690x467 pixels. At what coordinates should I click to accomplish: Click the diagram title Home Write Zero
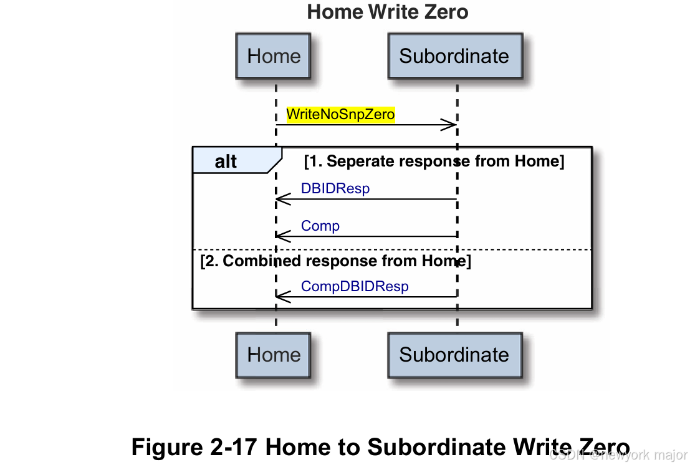click(387, 11)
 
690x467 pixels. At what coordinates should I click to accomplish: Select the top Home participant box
click(273, 56)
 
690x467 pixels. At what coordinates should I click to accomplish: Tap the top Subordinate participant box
click(454, 56)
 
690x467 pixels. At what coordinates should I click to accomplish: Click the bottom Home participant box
click(273, 355)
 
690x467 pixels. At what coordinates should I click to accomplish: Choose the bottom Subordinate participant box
click(454, 355)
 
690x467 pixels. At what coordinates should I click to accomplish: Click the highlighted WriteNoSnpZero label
click(340, 115)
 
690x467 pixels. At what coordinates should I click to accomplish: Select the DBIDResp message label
click(335, 188)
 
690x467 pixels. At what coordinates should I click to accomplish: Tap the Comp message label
click(320, 226)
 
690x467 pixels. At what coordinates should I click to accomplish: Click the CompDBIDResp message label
click(355, 286)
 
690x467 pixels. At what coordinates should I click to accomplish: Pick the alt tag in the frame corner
click(226, 162)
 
